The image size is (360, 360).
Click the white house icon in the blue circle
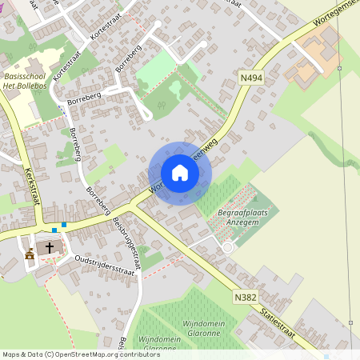180,173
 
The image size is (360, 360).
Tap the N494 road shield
250,78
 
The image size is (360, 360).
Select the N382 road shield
246,297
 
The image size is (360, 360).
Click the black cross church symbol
49,247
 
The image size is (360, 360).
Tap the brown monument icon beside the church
30,254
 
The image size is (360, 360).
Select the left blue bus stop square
54,230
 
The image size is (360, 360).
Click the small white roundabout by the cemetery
227,247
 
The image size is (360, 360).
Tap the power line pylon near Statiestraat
350,322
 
